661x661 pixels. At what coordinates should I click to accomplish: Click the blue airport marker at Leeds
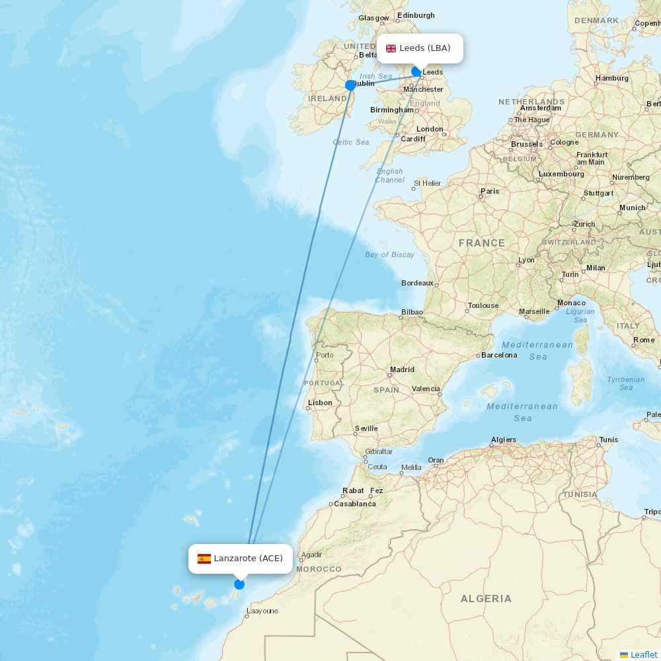tap(416, 71)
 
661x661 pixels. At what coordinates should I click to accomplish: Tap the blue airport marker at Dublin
tap(350, 85)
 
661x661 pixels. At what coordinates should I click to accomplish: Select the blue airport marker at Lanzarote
tap(239, 584)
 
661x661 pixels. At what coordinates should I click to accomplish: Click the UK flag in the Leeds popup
tap(391, 48)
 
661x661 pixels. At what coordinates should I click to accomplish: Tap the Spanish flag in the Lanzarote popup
tap(204, 559)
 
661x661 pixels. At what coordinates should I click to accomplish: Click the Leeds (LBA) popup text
tap(425, 48)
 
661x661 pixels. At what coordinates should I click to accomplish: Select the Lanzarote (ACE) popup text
tap(248, 559)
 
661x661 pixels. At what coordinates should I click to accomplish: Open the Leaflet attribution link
tap(643, 654)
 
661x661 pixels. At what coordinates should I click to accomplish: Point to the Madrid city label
tap(402, 370)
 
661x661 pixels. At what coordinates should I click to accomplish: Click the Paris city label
tap(490, 191)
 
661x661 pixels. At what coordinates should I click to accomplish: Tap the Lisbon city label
tap(320, 403)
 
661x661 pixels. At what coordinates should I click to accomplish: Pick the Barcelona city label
tap(499, 355)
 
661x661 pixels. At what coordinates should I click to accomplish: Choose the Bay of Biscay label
tap(389, 254)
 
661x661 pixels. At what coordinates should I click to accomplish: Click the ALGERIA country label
tap(486, 599)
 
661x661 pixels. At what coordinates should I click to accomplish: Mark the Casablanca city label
tap(354, 504)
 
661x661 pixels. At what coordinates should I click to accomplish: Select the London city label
tap(430, 129)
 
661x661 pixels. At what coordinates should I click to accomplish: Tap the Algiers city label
tap(504, 440)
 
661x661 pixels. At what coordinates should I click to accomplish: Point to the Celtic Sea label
tap(351, 142)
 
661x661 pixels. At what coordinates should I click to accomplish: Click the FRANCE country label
tap(482, 243)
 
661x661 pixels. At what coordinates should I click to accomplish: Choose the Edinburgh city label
tap(416, 15)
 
